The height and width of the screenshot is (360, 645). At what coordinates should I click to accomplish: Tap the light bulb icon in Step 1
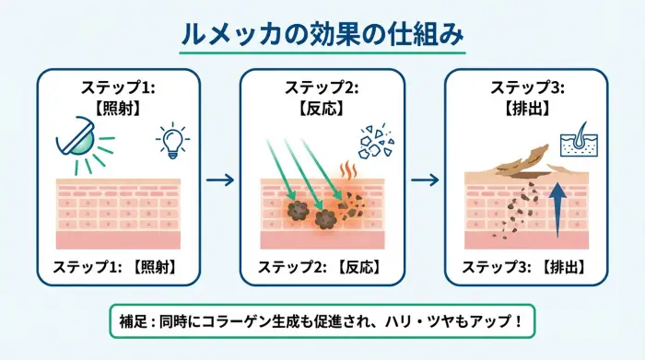point(172,139)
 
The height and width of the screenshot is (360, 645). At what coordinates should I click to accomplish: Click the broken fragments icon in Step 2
point(375,141)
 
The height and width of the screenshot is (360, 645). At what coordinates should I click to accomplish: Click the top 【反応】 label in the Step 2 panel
point(322,109)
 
